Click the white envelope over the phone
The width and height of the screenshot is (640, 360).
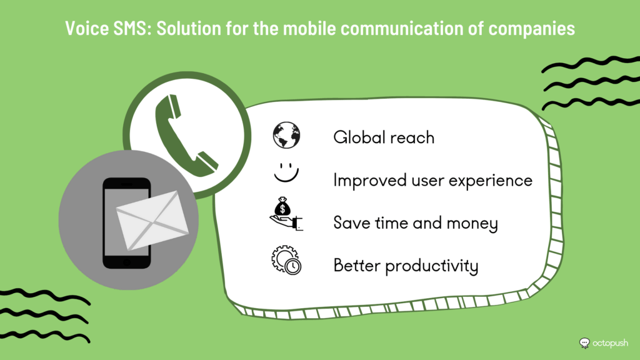(x=152, y=220)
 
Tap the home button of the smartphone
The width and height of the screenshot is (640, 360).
(x=127, y=262)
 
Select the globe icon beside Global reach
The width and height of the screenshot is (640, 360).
(x=286, y=135)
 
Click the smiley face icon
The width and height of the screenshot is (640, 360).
(x=286, y=172)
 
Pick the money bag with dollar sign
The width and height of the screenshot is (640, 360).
(x=282, y=207)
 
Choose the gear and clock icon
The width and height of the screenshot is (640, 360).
(x=286, y=260)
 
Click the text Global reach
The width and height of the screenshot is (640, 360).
(x=384, y=137)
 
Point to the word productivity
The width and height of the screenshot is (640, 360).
(x=432, y=266)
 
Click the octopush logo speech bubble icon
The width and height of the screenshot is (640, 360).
(x=584, y=343)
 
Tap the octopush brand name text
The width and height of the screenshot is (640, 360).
(x=610, y=343)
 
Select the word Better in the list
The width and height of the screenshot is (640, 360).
(x=357, y=265)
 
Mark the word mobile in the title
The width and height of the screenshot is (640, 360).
(x=309, y=28)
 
